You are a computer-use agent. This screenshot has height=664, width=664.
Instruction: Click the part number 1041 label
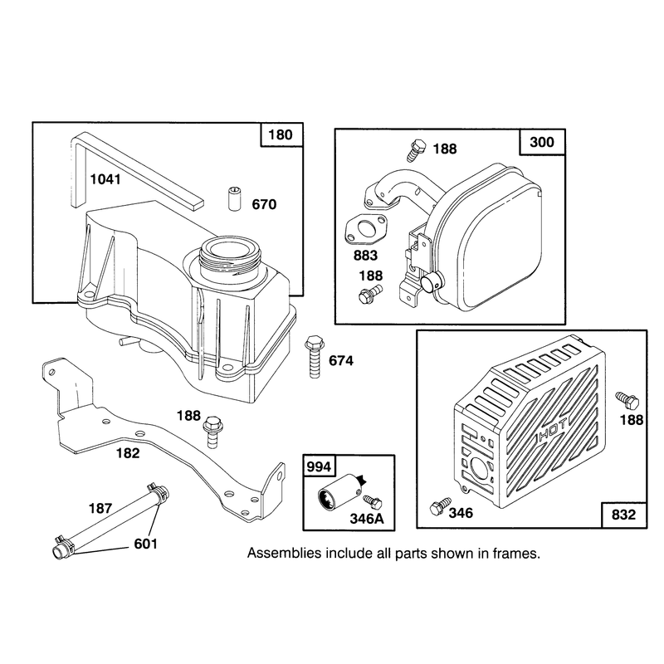105,179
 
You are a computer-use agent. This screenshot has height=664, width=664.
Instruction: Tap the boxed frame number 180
281,134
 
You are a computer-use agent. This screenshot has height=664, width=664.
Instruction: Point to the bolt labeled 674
314,356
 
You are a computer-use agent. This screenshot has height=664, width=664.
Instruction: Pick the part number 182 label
128,453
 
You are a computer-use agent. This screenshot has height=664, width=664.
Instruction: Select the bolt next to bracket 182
212,432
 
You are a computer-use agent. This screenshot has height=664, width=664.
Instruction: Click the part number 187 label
100,508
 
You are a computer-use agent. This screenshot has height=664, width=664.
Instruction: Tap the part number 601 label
146,544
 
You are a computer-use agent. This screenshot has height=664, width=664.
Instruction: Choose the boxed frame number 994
319,466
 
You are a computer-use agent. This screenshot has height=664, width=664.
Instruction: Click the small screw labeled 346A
373,502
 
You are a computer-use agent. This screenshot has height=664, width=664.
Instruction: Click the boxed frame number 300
542,142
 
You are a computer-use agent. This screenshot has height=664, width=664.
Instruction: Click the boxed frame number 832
624,515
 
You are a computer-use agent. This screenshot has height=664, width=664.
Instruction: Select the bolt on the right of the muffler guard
627,400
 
